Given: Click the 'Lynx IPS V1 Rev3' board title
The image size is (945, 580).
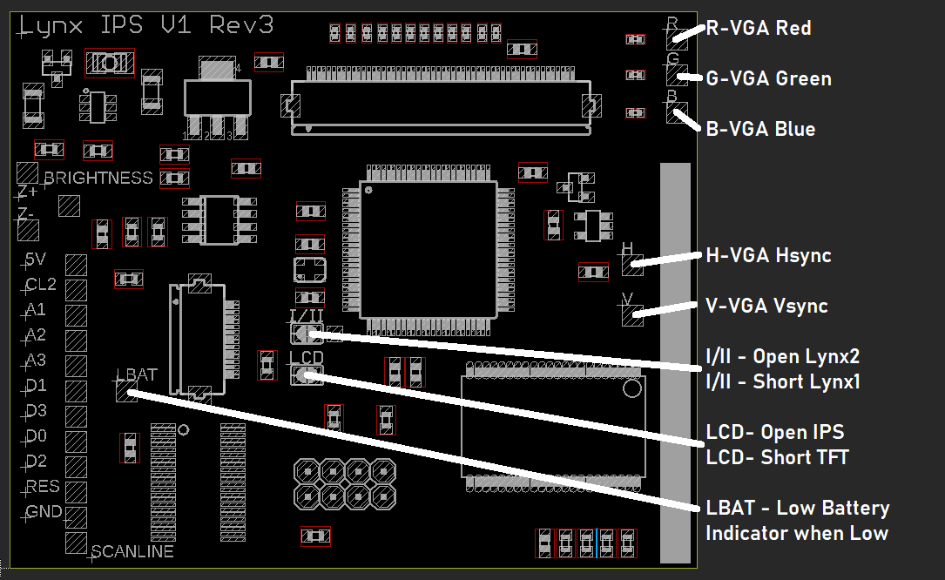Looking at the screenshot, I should point(145,26).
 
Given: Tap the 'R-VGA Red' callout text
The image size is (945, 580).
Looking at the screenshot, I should point(758,29).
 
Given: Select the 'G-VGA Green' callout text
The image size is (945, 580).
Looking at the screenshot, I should point(768,79).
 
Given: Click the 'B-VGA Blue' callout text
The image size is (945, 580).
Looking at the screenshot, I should point(760,130).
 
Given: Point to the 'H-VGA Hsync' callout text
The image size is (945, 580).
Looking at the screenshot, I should point(768,256).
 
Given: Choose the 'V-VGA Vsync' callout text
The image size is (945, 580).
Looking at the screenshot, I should point(766,307).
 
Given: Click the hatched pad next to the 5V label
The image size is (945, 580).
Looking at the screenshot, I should point(76,265).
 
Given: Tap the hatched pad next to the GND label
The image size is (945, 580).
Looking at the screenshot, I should point(76,518).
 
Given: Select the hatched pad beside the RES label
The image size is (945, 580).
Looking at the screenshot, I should point(76,493).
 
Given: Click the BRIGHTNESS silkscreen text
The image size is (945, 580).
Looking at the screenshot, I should point(98,179).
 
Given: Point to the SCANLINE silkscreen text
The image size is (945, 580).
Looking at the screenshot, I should point(132,552).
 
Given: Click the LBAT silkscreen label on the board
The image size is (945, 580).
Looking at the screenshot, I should point(138,375).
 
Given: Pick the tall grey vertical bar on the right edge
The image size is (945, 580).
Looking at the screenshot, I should point(674,361).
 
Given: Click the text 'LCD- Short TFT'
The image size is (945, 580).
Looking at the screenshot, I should point(777,457).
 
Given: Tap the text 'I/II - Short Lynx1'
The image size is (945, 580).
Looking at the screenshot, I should point(782,381).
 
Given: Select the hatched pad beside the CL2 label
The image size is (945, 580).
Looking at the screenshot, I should point(76,290).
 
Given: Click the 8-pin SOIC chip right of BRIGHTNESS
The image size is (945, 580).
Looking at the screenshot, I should point(219,219).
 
